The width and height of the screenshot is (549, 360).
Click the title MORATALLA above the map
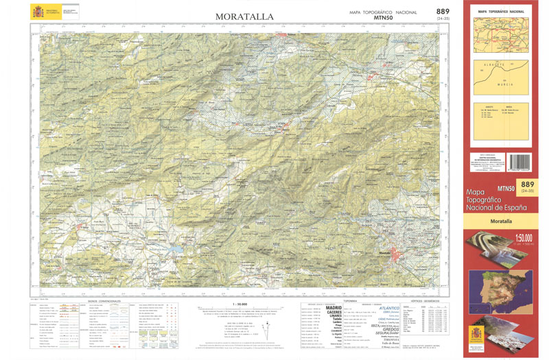tap(244, 16)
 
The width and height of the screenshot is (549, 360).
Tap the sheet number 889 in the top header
tap(443, 11)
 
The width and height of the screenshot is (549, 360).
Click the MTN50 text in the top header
tap(384, 19)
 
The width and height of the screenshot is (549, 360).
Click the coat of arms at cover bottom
tap(479, 335)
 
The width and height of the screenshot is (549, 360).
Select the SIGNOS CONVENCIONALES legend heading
tap(104, 300)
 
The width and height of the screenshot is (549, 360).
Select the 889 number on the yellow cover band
tap(527, 184)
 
